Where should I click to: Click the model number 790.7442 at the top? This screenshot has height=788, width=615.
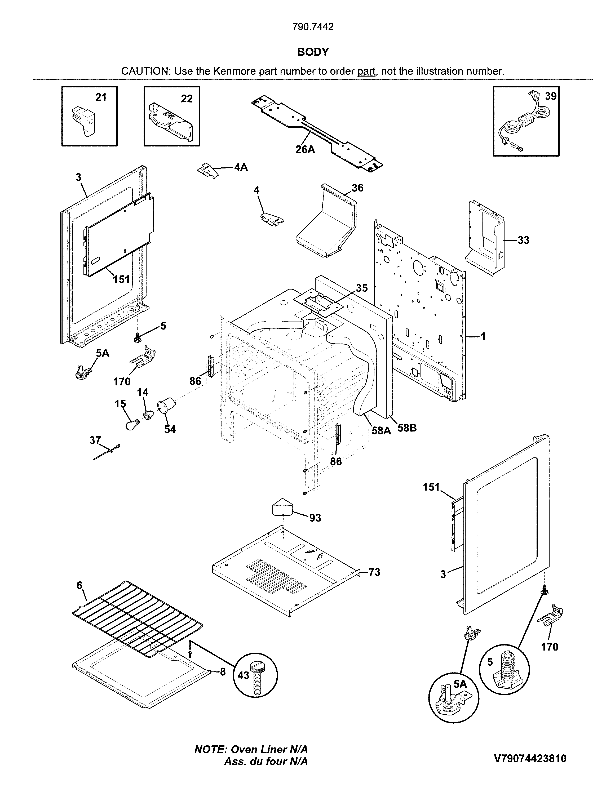[313, 27]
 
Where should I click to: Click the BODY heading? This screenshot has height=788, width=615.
[313, 52]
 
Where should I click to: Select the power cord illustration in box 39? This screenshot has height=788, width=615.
[521, 123]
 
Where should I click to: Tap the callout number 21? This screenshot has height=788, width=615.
[101, 97]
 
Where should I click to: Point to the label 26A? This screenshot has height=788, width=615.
[305, 149]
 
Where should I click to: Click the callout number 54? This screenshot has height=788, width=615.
[170, 429]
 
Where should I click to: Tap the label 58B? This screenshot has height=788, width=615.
[407, 428]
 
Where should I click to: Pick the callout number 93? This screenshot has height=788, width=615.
[315, 518]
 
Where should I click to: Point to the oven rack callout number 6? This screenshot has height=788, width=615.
[79, 586]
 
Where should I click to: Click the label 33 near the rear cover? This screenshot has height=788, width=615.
[523, 240]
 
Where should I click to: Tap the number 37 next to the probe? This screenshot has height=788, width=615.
[95, 440]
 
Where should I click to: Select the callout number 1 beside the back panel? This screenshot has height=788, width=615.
[483, 337]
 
